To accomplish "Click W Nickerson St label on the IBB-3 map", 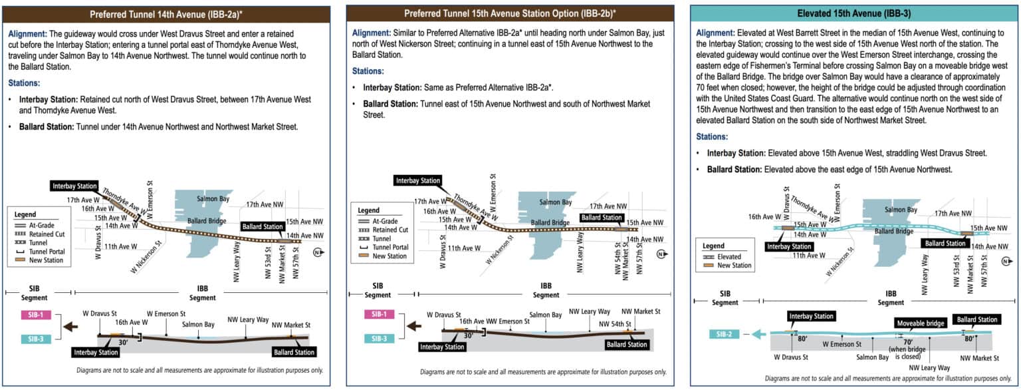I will click(x=840, y=260).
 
